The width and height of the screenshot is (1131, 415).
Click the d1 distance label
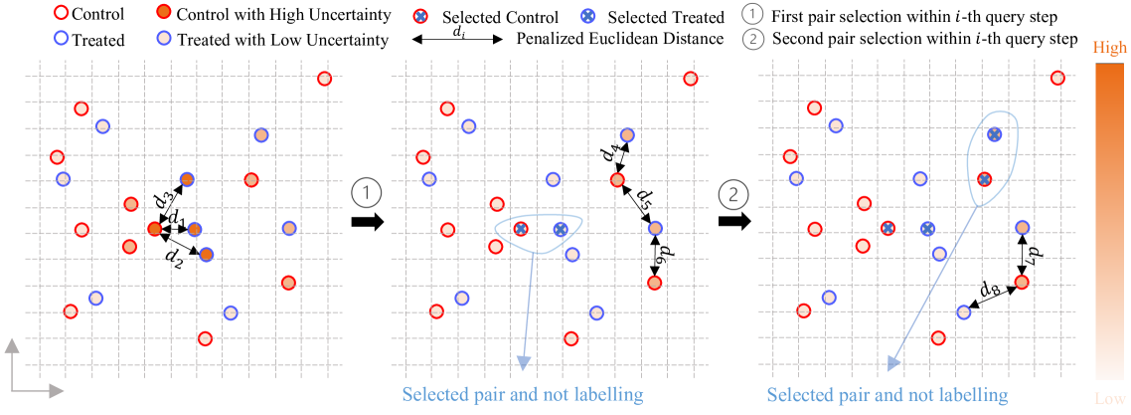(x=175, y=217)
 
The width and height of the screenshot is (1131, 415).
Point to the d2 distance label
(x=174, y=259)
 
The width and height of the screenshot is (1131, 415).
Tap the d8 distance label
(x=988, y=290)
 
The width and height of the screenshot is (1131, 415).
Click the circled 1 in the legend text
(x=751, y=16)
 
